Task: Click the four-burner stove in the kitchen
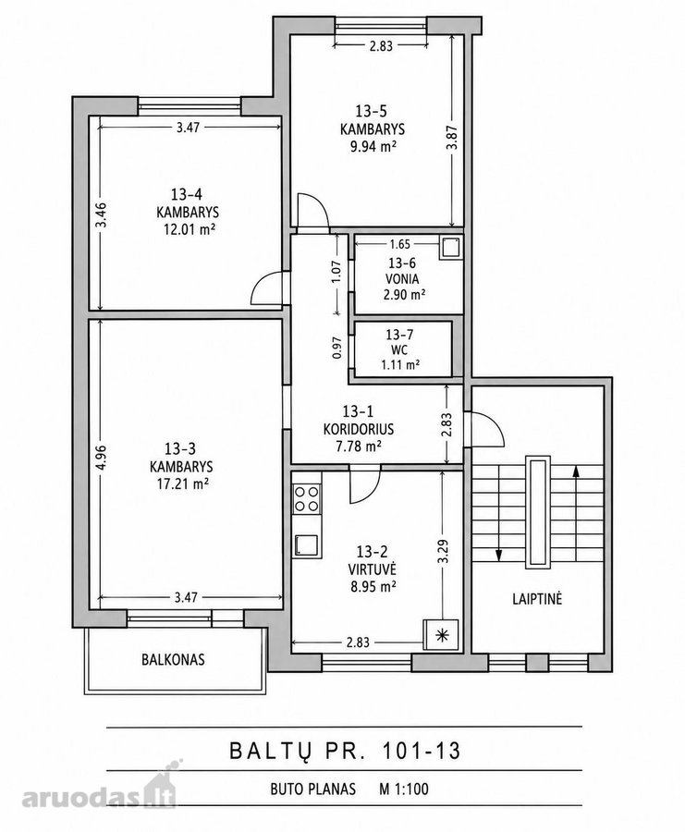click(307, 499)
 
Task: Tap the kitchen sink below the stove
click(307, 545)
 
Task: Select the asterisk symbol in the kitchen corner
click(441, 634)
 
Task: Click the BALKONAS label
click(173, 659)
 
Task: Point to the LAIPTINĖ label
click(537, 599)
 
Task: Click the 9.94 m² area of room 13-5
click(373, 146)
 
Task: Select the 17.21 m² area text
click(181, 483)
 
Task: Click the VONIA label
click(402, 279)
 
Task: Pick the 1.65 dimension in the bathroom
click(399, 244)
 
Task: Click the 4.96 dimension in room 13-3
click(102, 458)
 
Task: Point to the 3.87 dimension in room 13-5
click(451, 138)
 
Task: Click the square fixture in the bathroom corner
click(450, 247)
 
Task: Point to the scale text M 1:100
click(403, 789)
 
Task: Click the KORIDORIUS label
click(358, 429)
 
